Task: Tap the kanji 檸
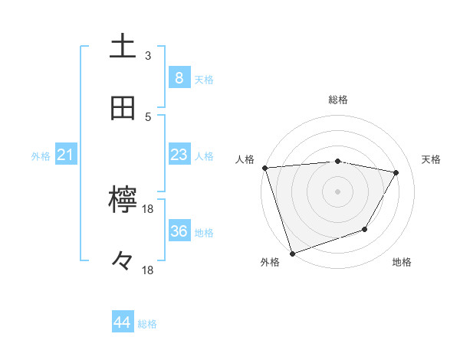(x=123, y=201)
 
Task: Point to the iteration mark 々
(x=123, y=262)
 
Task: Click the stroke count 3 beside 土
(x=148, y=56)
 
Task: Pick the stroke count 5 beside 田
(x=148, y=116)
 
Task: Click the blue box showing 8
(x=179, y=77)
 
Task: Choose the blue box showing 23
(x=179, y=155)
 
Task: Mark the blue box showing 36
(x=179, y=231)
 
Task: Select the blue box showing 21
(x=65, y=155)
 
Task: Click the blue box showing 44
(x=123, y=323)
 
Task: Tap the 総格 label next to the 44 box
(x=147, y=324)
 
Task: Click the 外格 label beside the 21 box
(x=41, y=155)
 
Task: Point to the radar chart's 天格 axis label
(x=431, y=159)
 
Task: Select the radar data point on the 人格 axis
(x=264, y=168)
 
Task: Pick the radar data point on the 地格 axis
(x=366, y=229)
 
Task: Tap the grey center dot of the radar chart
(x=337, y=191)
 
